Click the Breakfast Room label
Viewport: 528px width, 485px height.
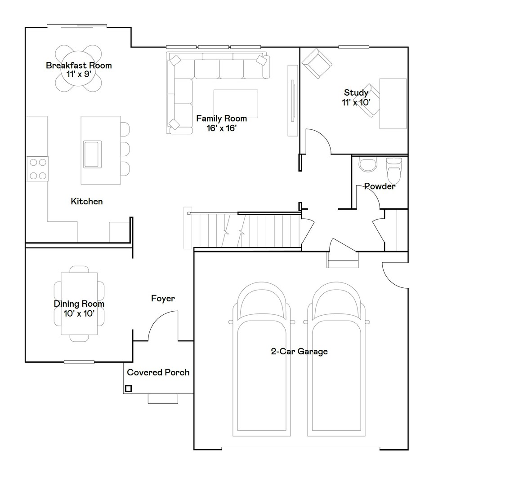pos(79,66)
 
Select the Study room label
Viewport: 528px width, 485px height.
pos(356,93)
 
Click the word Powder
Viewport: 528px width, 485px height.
pos(380,186)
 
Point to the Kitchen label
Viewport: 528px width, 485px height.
pos(87,202)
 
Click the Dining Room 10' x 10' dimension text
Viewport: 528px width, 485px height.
pos(79,313)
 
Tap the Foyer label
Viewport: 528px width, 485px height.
pos(163,299)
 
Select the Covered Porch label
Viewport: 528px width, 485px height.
pos(158,372)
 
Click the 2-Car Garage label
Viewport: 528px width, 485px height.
pos(299,352)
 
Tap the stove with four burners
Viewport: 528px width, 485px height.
pos(37,169)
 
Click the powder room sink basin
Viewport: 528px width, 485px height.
pos(367,165)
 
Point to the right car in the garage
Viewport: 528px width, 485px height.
pos(336,359)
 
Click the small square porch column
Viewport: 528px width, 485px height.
pos(128,388)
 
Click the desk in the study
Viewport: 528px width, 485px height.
pos(393,104)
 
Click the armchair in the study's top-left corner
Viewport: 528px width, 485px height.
pos(317,63)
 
